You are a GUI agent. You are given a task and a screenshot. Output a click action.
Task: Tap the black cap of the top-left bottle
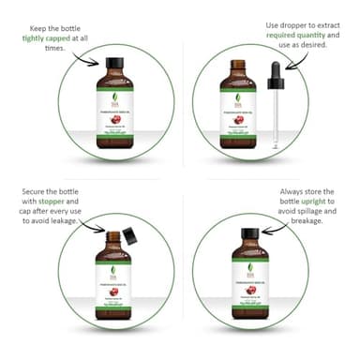click(115, 66)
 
